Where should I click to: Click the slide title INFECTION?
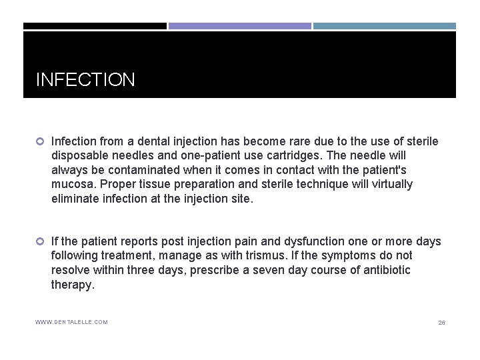[85, 80]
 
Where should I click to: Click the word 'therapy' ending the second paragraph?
[72, 285]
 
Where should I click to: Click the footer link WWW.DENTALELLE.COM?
[71, 323]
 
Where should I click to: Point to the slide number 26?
[441, 323]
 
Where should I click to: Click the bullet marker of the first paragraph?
[40, 142]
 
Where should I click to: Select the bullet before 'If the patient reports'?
[40, 241]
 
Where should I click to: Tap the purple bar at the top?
[239, 26]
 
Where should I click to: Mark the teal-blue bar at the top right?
[385, 26]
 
